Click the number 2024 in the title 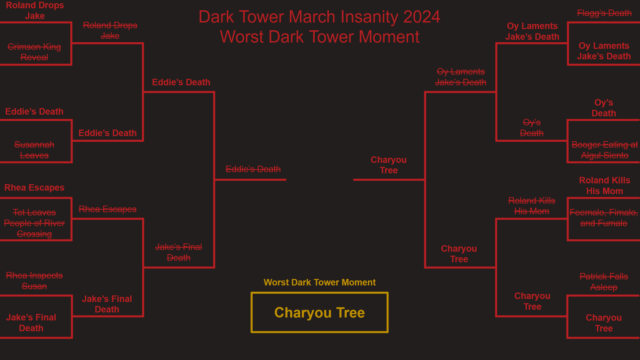(422, 17)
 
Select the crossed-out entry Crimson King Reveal (34, 52)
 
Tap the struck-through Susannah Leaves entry (34, 150)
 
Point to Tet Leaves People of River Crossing (34, 223)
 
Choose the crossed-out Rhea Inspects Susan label (34, 281)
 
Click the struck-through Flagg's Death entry (604, 13)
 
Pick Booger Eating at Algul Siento (604, 150)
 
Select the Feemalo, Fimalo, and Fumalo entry (604, 218)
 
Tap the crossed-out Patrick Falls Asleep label (604, 282)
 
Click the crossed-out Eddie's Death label (253, 169)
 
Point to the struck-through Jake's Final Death (178, 252)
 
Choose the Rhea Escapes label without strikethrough (34, 188)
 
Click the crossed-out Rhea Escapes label (108, 209)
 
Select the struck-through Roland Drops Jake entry (110, 30)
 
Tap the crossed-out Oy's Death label (532, 128)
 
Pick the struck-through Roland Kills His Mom (532, 206)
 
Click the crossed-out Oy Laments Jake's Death (460, 77)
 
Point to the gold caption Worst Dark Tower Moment (320, 282)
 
